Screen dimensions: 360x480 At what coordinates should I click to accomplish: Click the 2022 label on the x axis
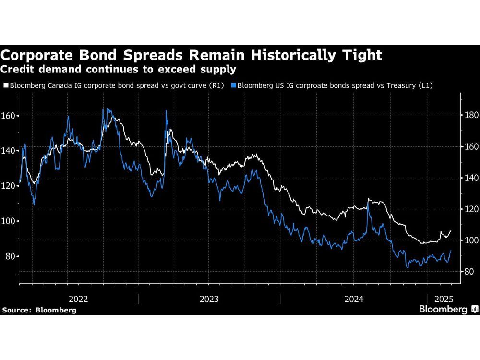[78, 299]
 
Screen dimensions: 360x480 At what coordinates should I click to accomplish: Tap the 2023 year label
[209, 299]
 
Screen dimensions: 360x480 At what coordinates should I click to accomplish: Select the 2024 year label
[354, 299]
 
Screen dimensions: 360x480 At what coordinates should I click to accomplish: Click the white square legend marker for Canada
[6, 86]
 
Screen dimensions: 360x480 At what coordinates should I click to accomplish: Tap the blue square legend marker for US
[234, 86]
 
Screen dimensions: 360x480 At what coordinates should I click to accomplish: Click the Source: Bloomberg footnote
[39, 310]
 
